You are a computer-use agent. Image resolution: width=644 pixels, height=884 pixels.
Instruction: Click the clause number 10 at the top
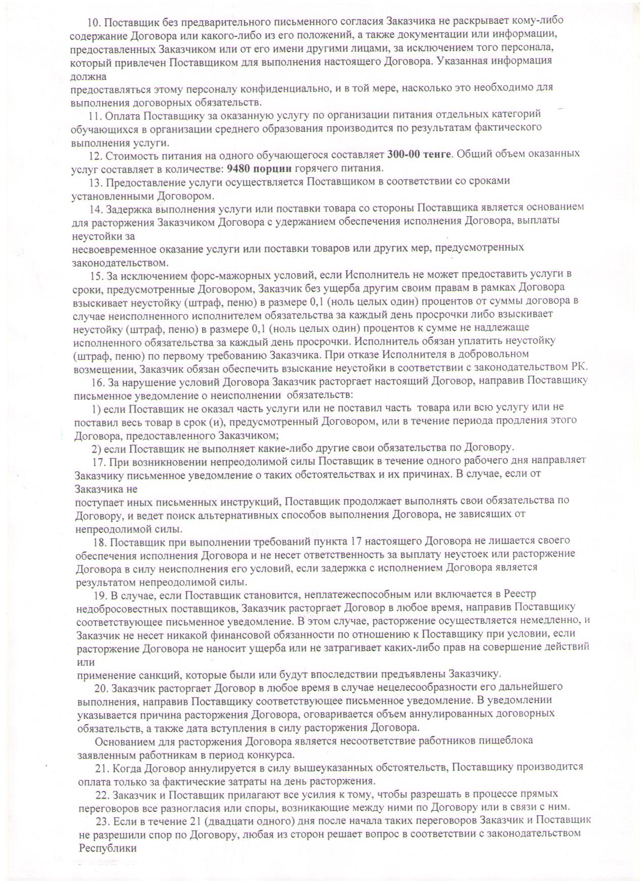pyautogui.click(x=94, y=21)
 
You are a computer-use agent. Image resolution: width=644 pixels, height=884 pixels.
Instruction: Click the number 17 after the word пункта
pyautogui.click(x=355, y=542)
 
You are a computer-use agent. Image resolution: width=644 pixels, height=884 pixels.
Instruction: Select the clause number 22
pyautogui.click(x=103, y=794)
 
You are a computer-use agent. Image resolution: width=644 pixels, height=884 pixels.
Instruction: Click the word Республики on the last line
pyautogui.click(x=108, y=848)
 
